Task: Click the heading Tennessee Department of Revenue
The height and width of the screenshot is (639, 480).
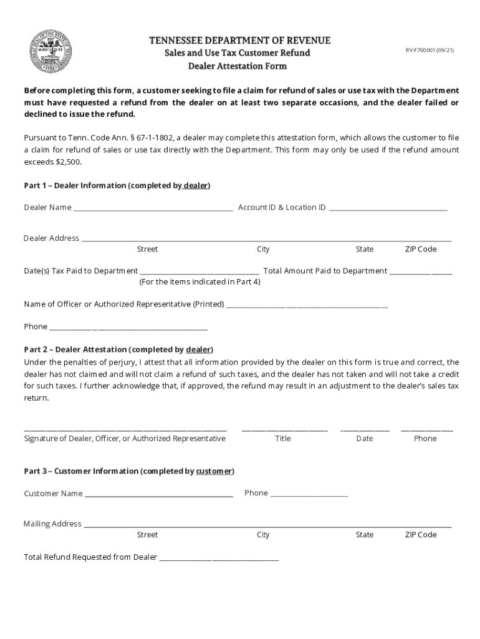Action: (239, 41)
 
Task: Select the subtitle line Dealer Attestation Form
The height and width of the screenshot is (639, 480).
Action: (238, 66)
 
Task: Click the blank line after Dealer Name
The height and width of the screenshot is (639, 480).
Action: (153, 208)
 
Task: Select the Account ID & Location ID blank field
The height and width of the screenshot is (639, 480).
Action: (388, 208)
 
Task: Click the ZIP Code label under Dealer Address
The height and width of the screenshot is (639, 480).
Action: (421, 250)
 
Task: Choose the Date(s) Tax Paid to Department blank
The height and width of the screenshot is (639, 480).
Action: (199, 272)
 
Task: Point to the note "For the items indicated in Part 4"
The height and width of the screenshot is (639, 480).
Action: (199, 282)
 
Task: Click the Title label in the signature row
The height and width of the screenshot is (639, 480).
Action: (283, 439)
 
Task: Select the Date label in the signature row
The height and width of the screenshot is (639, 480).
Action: (365, 439)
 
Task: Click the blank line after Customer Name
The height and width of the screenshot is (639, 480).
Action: (159, 495)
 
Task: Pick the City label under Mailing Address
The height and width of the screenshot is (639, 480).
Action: (263, 535)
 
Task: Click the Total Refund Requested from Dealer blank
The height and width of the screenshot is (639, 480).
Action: (219, 559)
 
